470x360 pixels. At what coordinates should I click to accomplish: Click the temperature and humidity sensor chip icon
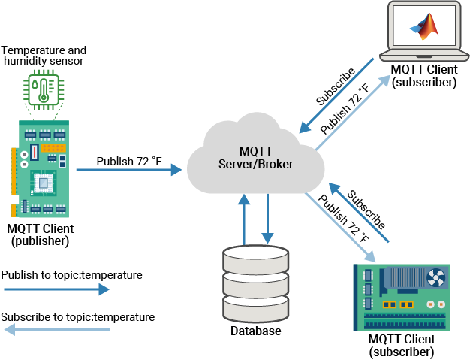(x=44, y=89)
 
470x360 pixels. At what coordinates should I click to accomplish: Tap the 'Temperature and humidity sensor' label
(x=44, y=56)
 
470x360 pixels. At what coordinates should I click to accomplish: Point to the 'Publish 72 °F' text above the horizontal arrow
(x=129, y=161)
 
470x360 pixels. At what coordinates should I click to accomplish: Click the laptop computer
(x=425, y=32)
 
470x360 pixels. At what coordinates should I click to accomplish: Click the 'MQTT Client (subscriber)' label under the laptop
(x=424, y=76)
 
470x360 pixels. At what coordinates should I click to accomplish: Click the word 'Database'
(x=255, y=331)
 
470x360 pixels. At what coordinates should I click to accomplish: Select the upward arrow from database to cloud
(x=243, y=219)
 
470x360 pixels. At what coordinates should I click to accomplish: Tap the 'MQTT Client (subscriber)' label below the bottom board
(x=402, y=345)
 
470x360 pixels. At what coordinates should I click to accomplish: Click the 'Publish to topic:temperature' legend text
(x=72, y=275)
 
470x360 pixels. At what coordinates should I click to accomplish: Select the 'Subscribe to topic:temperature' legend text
(x=78, y=317)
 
